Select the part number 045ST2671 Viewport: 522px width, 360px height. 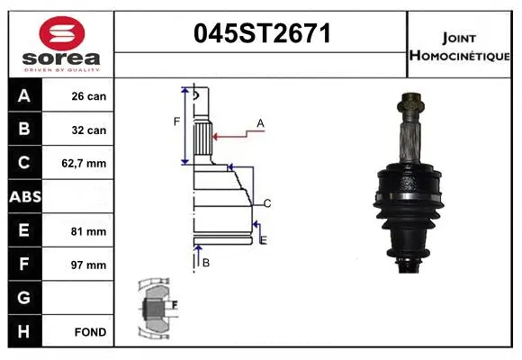tap(263, 34)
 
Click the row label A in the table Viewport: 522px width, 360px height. tap(23, 96)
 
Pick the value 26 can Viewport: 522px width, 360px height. tap(89, 96)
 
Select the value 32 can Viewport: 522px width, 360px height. tap(89, 130)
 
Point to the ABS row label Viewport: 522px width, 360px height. tap(23, 197)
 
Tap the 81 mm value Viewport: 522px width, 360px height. tap(89, 231)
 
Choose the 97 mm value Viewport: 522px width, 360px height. tap(89, 265)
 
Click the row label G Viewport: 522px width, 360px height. tap(23, 298)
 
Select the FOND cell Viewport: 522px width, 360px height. tap(90, 332)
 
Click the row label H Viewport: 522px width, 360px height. tap(23, 332)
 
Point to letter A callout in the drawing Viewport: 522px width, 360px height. tap(260, 122)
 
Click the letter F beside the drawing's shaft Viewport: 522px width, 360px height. tap(176, 121)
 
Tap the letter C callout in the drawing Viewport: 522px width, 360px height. tap(267, 202)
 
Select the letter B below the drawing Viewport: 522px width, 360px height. tap(206, 263)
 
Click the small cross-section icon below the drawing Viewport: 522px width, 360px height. tap(158, 306)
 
